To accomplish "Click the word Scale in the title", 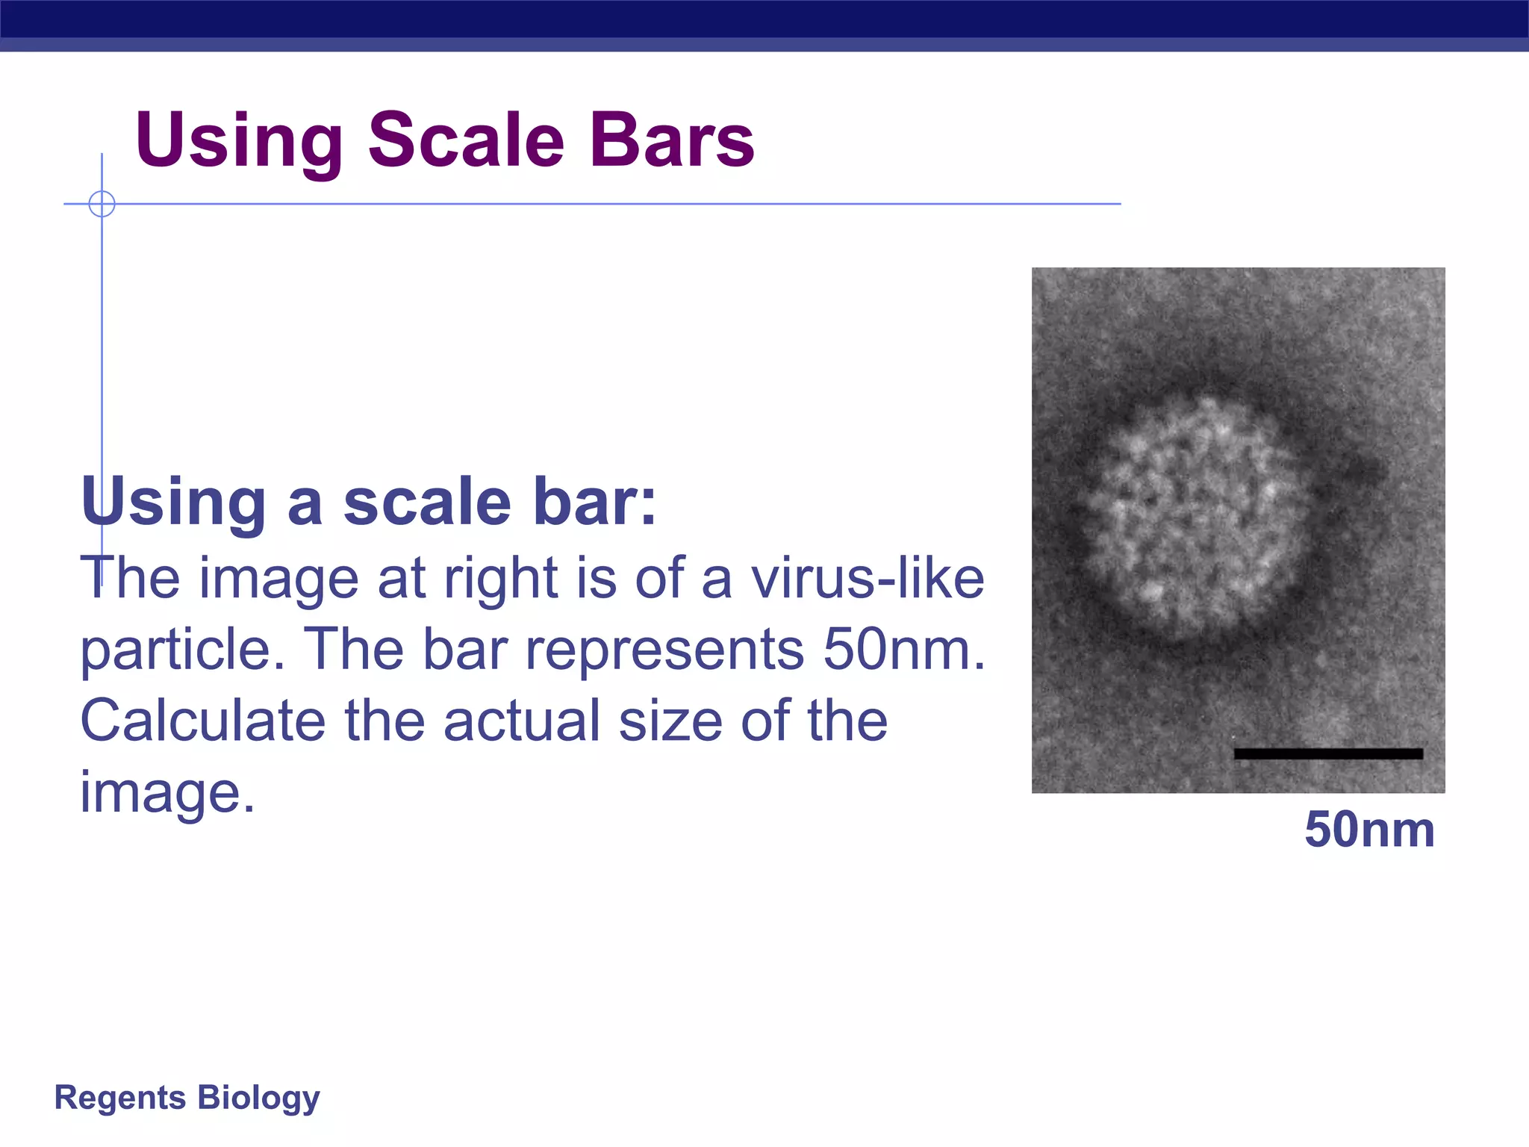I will [466, 140].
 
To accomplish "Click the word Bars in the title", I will [672, 140].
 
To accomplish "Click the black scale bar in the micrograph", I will [1328, 753].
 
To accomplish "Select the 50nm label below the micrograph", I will [1369, 830].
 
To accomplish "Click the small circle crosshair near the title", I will [102, 203].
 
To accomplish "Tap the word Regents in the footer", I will [119, 1098].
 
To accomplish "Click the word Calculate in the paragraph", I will [202, 721].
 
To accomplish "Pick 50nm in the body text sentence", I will [904, 649].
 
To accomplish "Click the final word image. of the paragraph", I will [167, 792].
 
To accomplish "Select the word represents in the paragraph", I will [664, 650].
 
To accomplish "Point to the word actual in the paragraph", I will [522, 721].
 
